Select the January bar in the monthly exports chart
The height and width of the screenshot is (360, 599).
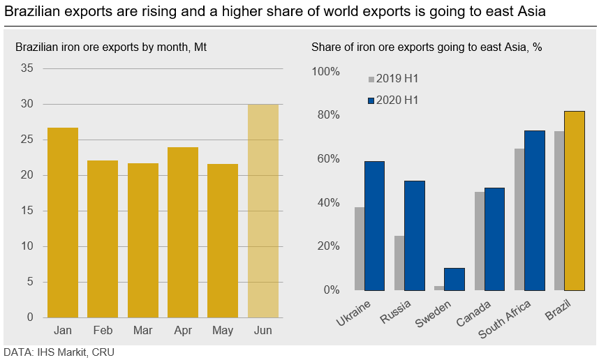coord(63,223)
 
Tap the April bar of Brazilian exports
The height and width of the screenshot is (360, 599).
coord(183,232)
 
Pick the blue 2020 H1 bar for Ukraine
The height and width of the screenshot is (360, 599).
coord(374,225)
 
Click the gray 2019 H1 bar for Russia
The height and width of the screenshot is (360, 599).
coord(399,263)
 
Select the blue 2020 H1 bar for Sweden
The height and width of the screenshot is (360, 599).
coord(454,279)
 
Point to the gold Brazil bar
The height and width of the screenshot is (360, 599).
coord(574,201)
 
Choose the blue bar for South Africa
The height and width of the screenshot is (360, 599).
coord(534,210)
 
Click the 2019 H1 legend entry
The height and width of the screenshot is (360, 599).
coord(392,79)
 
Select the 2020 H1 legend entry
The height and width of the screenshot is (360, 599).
coord(392,100)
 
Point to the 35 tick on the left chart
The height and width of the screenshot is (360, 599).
coord(27,68)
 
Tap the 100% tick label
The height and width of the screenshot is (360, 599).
coord(325,72)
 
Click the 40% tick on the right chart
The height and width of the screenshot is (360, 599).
coord(328,203)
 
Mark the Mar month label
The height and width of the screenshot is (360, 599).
coord(142,330)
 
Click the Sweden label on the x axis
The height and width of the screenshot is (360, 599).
coord(433,316)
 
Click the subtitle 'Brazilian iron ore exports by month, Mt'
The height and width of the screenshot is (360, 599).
coord(111,47)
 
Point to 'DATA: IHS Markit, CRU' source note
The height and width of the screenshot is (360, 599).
coord(59,352)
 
